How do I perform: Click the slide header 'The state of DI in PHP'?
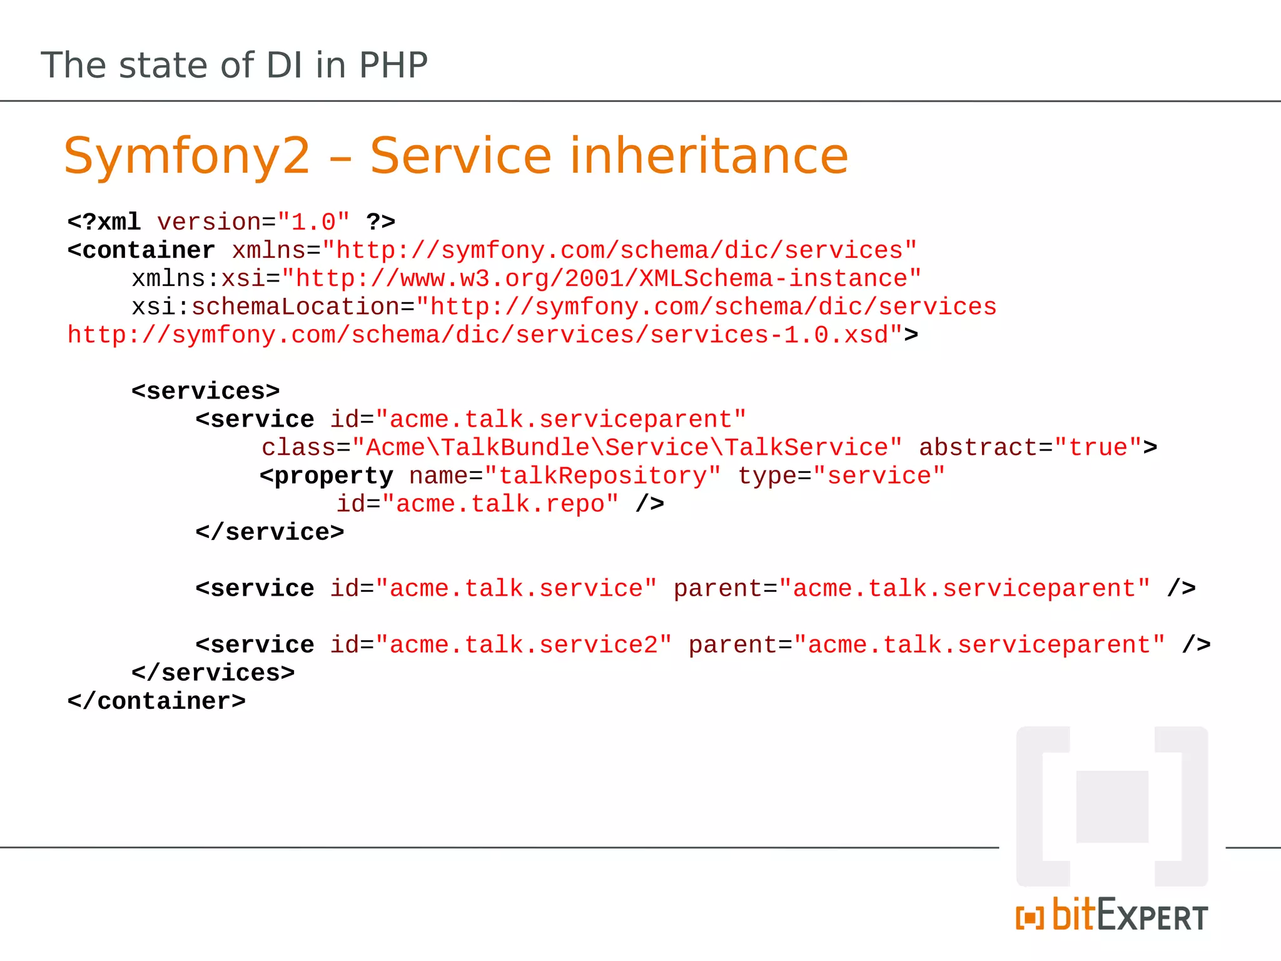click(x=234, y=65)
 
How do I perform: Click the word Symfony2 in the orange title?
click(x=187, y=156)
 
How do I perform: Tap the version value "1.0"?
click(x=313, y=222)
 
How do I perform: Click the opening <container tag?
click(x=141, y=250)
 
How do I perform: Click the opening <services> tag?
click(x=205, y=391)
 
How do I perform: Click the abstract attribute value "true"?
click(x=1098, y=447)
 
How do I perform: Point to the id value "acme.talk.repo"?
click(x=500, y=504)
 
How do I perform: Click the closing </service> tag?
click(x=270, y=532)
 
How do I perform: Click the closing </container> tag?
click(x=156, y=701)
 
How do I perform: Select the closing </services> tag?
click(x=213, y=673)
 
